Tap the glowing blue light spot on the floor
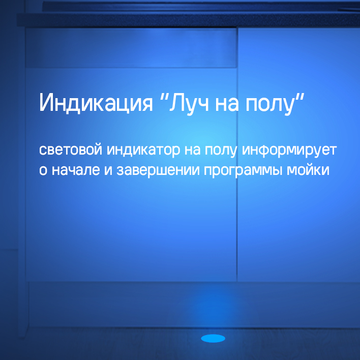(213, 338)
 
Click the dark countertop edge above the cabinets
(188, 20)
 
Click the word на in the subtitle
(190, 151)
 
